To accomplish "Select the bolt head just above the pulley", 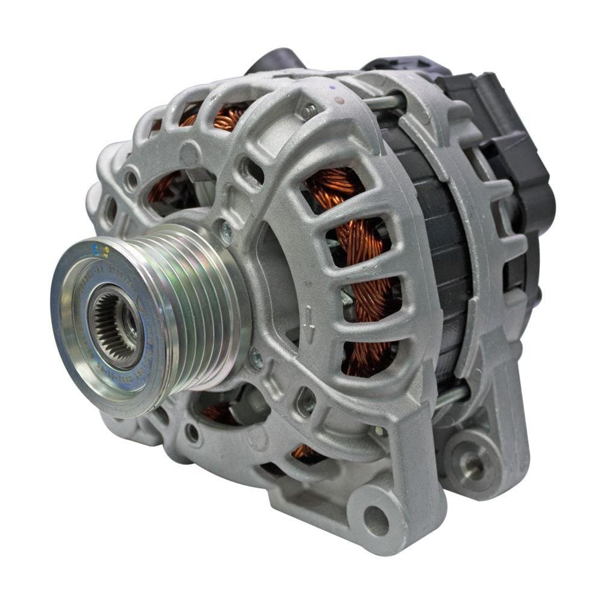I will click(226, 232).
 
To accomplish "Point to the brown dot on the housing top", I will click(339, 100).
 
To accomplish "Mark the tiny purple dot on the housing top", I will click(331, 88).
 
